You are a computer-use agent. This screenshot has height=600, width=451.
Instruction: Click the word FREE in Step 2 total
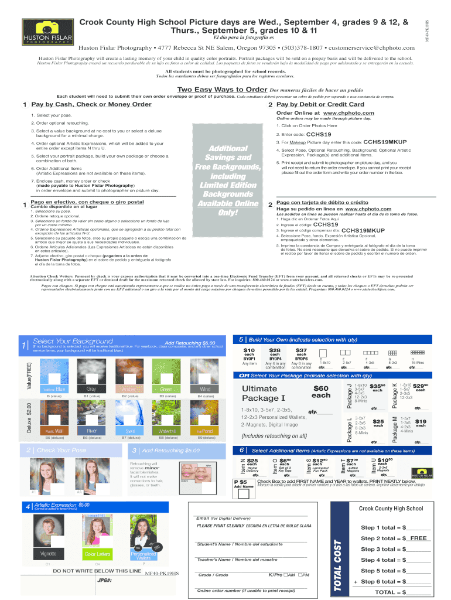418,538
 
